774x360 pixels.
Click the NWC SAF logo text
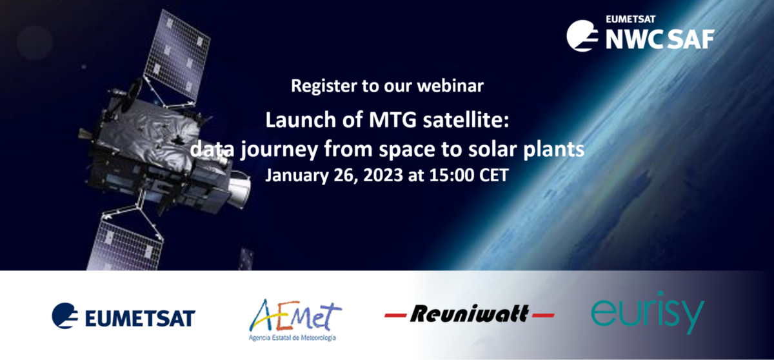coord(660,39)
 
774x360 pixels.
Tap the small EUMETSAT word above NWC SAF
coord(630,19)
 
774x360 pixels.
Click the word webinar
coord(450,86)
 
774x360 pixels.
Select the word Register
coord(324,86)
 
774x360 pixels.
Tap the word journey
coord(279,150)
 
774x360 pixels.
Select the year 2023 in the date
coord(383,175)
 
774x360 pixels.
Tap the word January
coord(297,175)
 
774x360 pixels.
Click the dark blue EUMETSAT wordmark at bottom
coord(140,318)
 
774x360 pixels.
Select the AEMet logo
coord(295,315)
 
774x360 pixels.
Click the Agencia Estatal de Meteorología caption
coord(292,338)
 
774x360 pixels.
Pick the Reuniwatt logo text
coord(470,314)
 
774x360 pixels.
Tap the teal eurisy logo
coord(648,313)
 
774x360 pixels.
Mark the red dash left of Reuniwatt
coord(395,315)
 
